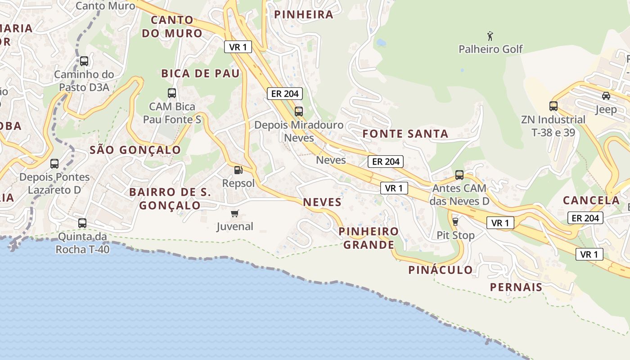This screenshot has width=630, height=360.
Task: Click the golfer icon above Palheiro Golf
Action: [490, 36]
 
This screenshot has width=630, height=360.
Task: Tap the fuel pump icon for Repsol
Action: [238, 170]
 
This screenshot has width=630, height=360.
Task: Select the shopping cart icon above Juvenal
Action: [234, 213]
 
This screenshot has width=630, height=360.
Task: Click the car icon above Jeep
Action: [606, 96]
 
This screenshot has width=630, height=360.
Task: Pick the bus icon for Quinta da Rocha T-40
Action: [82, 223]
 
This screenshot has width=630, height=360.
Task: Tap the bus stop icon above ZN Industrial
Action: [553, 106]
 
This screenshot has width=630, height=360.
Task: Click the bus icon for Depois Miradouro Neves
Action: [298, 111]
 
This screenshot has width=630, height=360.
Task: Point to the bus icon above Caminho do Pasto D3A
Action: [84, 61]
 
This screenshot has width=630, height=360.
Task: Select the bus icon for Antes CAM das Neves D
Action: [459, 175]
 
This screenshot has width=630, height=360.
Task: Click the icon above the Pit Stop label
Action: [455, 221]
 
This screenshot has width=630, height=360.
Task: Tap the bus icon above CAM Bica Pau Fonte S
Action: [172, 93]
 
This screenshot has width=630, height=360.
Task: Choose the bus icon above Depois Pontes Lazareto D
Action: [54, 164]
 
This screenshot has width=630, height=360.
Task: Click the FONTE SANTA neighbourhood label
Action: [405, 134]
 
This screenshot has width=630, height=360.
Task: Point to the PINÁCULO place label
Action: [441, 270]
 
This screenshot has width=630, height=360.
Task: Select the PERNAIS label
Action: [516, 287]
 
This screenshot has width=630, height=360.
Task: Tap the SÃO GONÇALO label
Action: [135, 150]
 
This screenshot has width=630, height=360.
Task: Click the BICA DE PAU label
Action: [200, 73]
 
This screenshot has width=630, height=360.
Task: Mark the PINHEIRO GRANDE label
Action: [369, 238]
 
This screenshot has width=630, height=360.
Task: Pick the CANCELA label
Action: [591, 200]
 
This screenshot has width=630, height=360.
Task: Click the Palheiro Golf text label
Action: [490, 49]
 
